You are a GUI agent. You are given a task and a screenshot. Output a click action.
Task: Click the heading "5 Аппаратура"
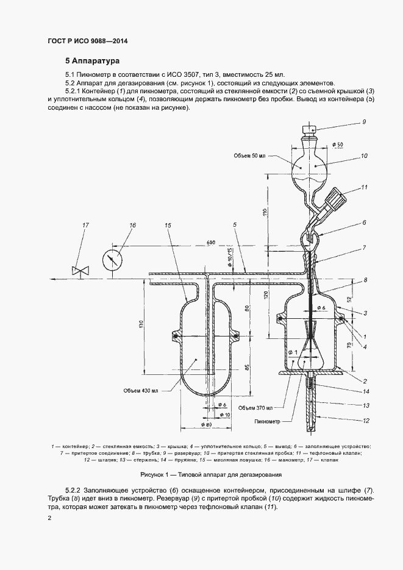pos(93,61)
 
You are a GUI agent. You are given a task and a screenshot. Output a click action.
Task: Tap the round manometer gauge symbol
pos(112,258)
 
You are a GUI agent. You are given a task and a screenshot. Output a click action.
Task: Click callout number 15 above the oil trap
pos(167,226)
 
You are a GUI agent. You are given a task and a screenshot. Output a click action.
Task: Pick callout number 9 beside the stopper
pos(364,122)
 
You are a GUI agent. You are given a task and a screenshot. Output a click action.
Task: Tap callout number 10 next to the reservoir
pos(364,155)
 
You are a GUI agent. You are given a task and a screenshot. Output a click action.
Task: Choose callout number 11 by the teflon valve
pos(364,187)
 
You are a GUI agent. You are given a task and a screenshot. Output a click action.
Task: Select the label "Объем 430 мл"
pos(140,390)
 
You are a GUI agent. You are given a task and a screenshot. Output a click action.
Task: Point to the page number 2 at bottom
pos(49,518)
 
